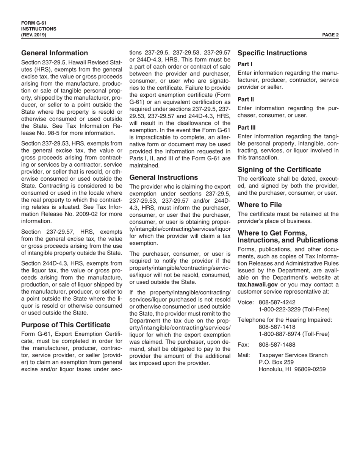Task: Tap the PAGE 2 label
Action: click(x=330, y=34)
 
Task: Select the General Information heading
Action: click(x=55, y=53)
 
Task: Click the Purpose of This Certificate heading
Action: click(x=66, y=325)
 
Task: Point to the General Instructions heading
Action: click(x=164, y=177)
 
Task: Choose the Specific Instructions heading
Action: click(x=272, y=53)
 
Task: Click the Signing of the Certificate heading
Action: click(x=279, y=169)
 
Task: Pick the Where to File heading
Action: click(x=260, y=205)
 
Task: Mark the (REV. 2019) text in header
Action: click(x=34, y=34)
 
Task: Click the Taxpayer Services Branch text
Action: click(x=293, y=355)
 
